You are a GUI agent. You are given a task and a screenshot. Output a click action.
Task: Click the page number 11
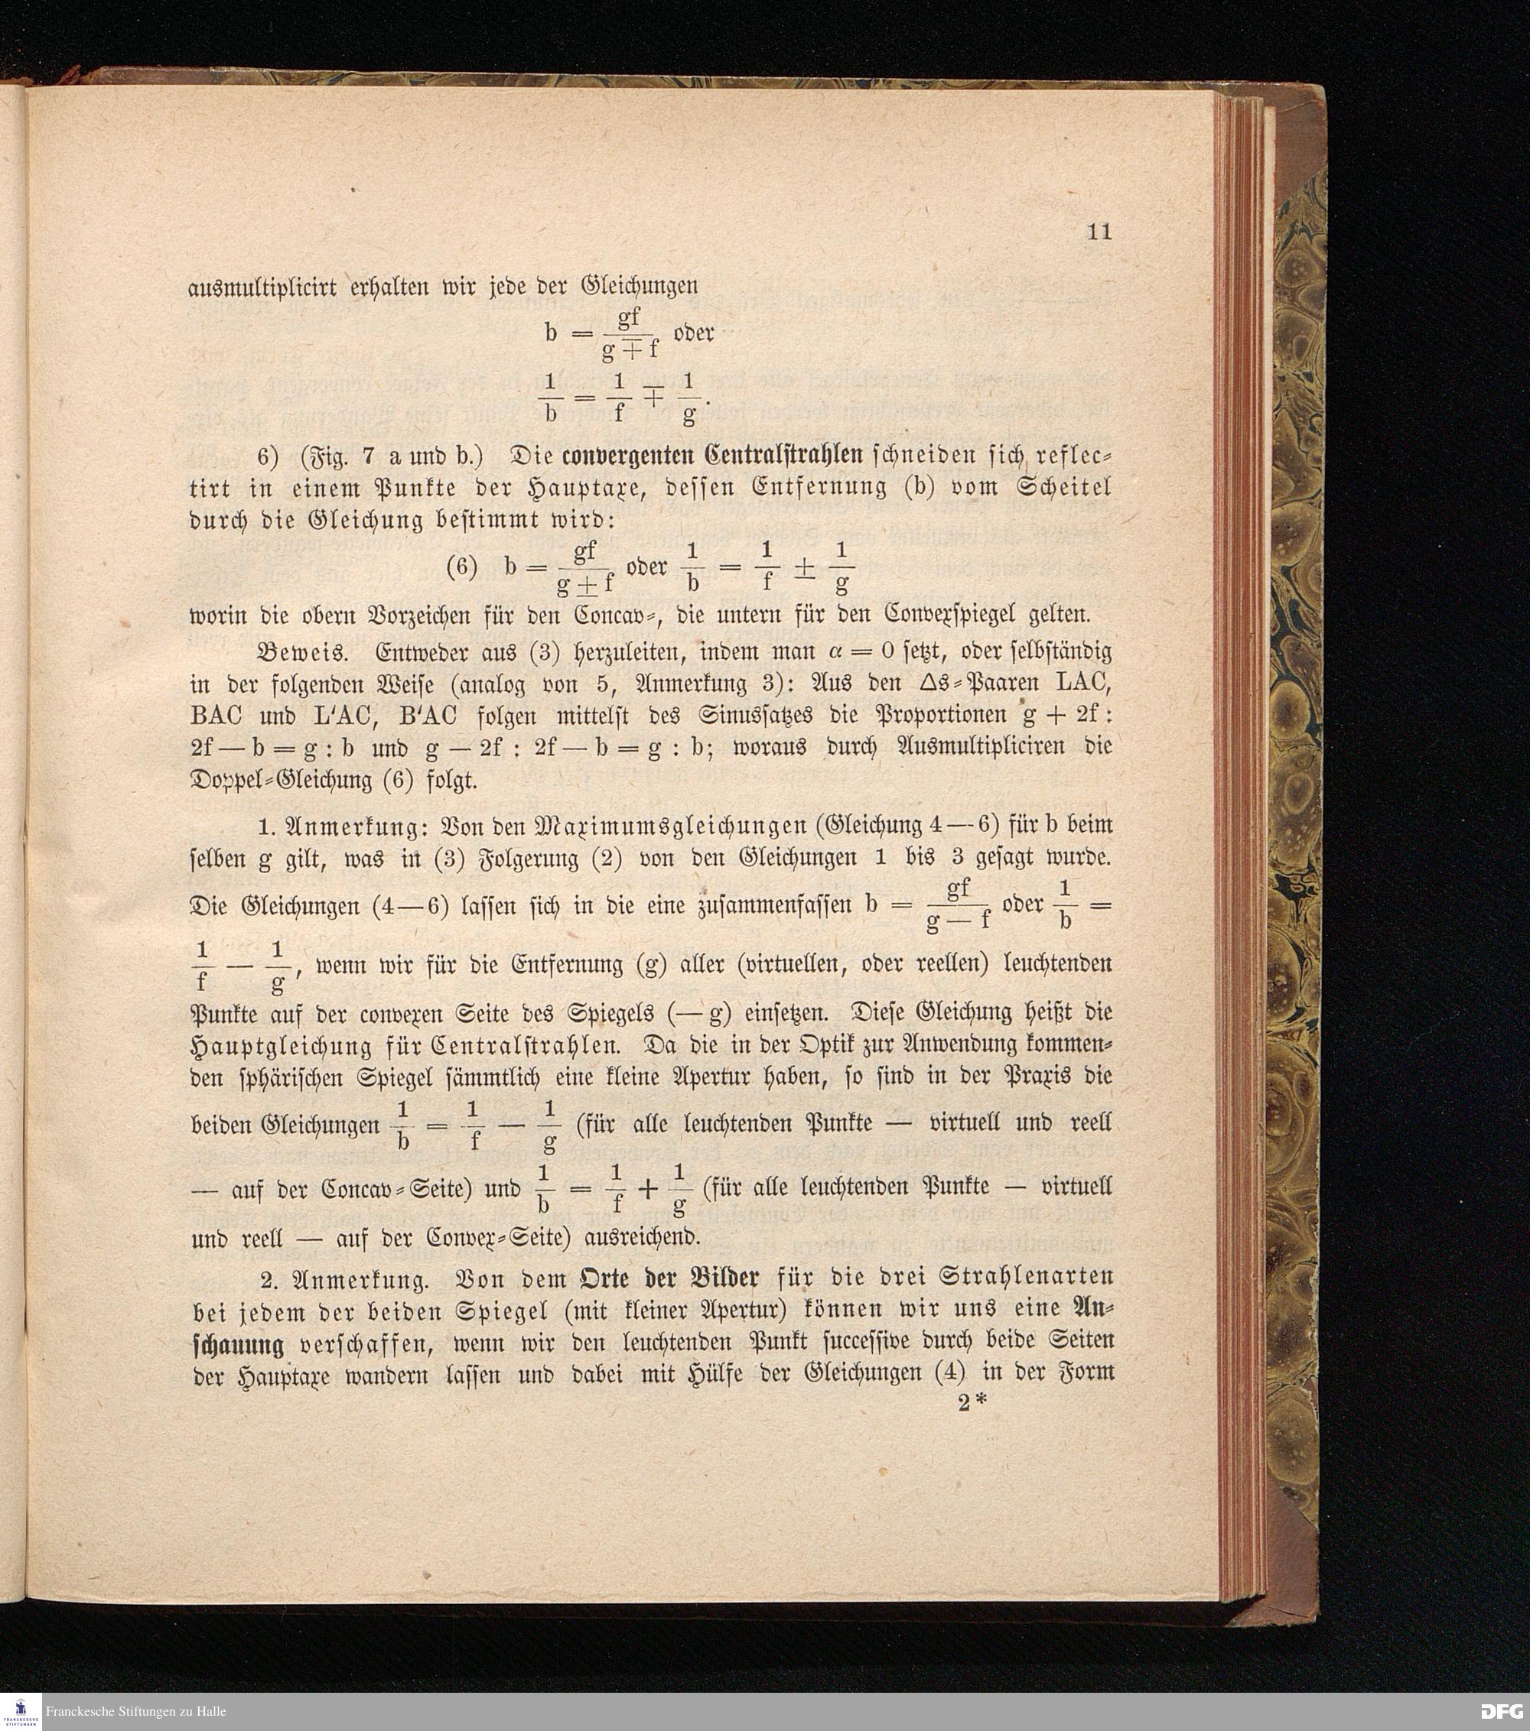pyautogui.click(x=1099, y=232)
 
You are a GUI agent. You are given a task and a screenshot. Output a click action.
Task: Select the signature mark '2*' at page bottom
pyautogui.click(x=972, y=1403)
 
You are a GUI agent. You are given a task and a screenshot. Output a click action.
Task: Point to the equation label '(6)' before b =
pyautogui.click(x=463, y=567)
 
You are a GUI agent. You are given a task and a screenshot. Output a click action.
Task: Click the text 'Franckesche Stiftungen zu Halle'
pyautogui.click(x=135, y=1712)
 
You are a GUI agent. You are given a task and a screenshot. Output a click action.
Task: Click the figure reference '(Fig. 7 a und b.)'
pyautogui.click(x=392, y=456)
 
